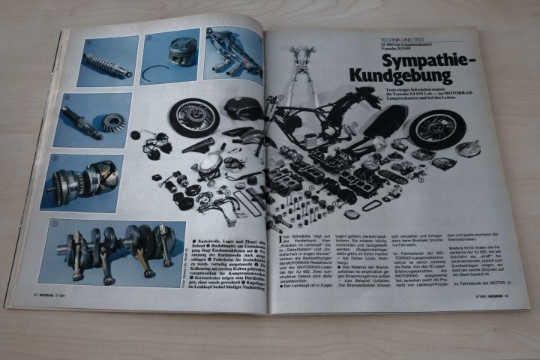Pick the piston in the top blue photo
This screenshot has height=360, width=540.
(x=181, y=52)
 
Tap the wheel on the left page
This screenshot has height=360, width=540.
(x=194, y=117)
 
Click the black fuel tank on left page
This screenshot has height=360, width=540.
(x=243, y=109)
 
